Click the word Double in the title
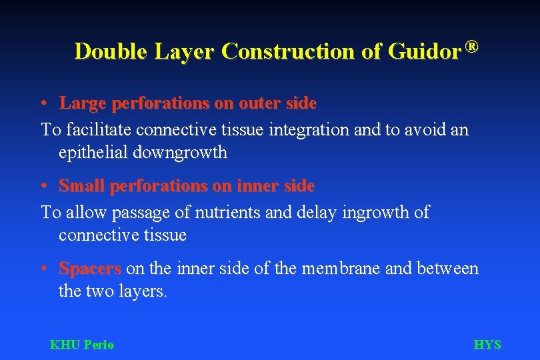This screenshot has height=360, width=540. pyautogui.click(x=111, y=51)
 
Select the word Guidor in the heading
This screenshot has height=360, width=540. pyautogui.click(x=425, y=51)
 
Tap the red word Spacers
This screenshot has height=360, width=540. pyautogui.click(x=90, y=269)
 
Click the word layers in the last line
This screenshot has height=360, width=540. pyautogui.click(x=141, y=291)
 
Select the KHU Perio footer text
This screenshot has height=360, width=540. pyautogui.click(x=82, y=345)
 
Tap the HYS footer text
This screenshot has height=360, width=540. pyautogui.click(x=487, y=345)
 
